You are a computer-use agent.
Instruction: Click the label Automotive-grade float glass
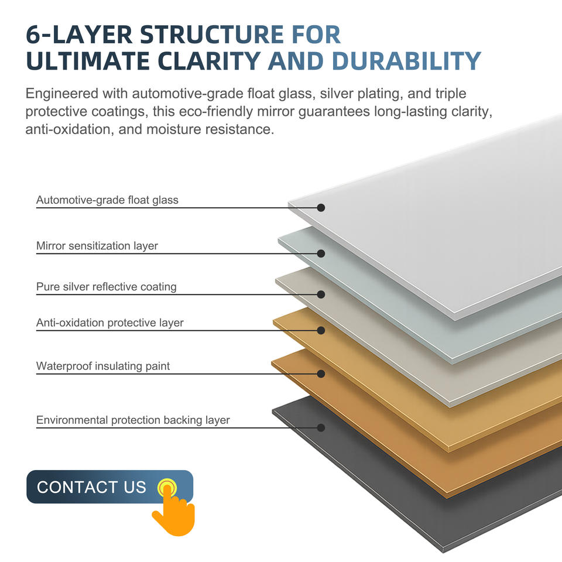[107, 200]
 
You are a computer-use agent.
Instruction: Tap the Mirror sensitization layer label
[97, 246]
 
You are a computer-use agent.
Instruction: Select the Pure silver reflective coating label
[106, 287]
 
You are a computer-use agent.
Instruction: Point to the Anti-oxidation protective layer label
[110, 323]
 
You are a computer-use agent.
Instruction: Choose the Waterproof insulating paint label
[103, 366]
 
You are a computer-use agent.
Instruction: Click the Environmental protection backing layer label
[133, 420]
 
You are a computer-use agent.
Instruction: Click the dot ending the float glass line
[321, 208]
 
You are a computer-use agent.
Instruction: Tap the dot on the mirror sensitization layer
[321, 253]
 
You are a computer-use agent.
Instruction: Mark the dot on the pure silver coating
[321, 294]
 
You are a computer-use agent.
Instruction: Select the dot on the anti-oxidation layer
[321, 330]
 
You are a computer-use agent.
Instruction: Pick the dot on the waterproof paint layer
[321, 373]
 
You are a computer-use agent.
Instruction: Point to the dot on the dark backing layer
[321, 428]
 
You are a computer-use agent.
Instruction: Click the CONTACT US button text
[91, 487]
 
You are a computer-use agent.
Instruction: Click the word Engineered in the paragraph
[61, 94]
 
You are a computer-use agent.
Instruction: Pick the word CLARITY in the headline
[213, 61]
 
